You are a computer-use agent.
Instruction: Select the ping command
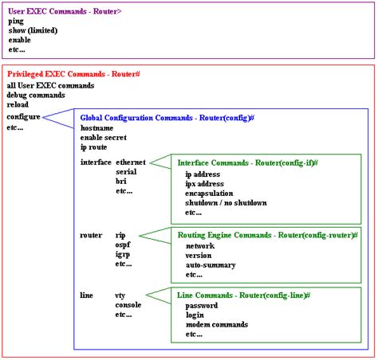tap(17, 22)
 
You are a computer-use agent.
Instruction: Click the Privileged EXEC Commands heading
tap(73, 73)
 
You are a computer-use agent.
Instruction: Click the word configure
tap(23, 116)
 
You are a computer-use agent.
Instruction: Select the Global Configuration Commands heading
tap(167, 117)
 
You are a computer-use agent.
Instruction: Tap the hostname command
tap(96, 127)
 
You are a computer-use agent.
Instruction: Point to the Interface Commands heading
tap(247, 162)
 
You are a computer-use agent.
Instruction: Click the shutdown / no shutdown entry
tap(226, 202)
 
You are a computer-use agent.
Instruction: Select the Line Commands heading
tap(243, 295)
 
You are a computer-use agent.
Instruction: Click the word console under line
tap(129, 305)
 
